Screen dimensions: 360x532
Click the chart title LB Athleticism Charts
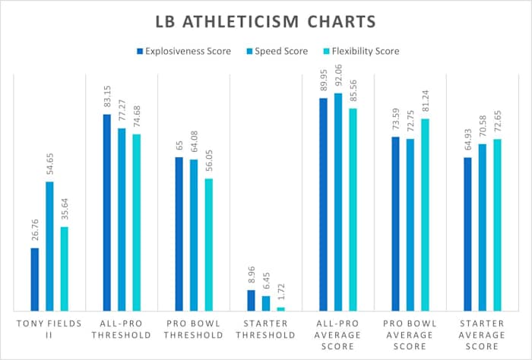[x=265, y=21]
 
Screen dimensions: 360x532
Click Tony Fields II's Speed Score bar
[x=49, y=246]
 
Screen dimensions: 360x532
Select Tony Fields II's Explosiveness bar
[x=35, y=279]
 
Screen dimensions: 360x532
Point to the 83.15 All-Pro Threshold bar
[x=107, y=213]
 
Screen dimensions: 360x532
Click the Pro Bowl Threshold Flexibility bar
[x=208, y=245]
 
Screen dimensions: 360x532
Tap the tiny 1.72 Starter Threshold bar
[x=280, y=308]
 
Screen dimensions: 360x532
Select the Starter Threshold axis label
[x=265, y=330]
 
